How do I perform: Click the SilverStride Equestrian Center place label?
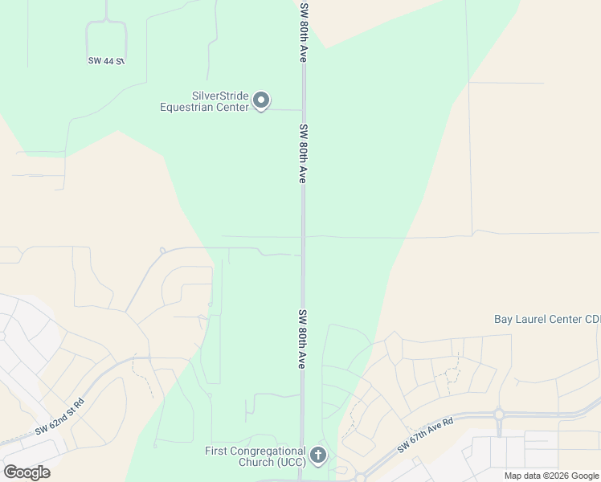[x=204, y=101]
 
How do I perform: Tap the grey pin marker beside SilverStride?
[x=261, y=101]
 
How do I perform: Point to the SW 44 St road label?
[x=106, y=61]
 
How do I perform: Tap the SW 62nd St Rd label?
[x=59, y=417]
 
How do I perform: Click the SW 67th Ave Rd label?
[x=426, y=434]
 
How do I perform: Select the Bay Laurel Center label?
[x=546, y=319]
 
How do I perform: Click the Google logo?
[x=27, y=472]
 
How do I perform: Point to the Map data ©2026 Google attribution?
[x=551, y=476]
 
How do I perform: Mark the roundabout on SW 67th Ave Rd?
[x=498, y=415]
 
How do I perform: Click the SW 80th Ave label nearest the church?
[x=303, y=339]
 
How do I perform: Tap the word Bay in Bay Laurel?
[x=503, y=319]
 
